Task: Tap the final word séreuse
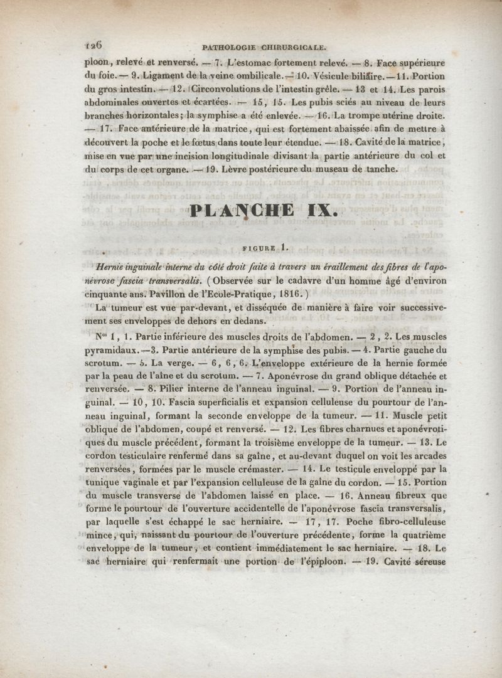(426, 562)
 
